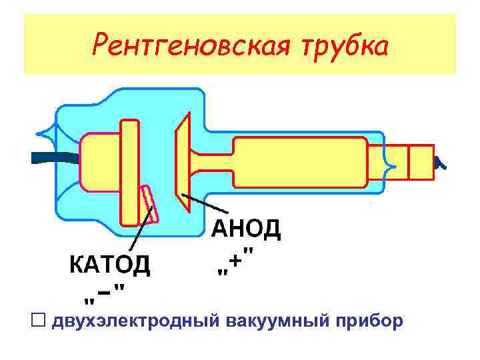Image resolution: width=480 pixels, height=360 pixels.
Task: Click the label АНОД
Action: point(247,230)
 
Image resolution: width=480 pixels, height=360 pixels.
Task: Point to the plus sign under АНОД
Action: point(235,265)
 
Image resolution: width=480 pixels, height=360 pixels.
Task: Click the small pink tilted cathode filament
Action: point(150,203)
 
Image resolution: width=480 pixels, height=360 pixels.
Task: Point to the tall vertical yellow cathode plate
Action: point(129,173)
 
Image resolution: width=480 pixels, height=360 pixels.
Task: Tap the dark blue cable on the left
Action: point(53,157)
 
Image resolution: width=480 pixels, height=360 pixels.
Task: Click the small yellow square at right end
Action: point(420,162)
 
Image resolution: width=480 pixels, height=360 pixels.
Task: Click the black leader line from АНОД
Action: point(207,203)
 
